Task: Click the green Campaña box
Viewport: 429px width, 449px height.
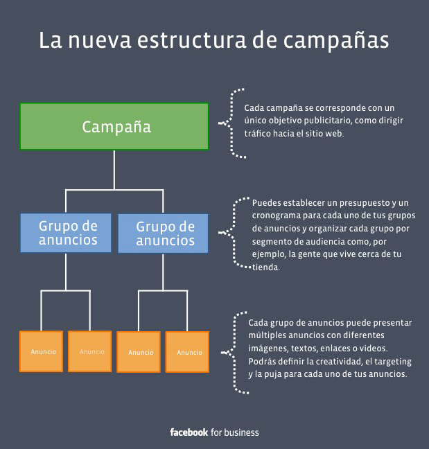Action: (x=114, y=126)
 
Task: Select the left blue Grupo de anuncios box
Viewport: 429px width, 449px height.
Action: (x=66, y=233)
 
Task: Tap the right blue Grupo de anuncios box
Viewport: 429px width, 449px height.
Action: (x=164, y=234)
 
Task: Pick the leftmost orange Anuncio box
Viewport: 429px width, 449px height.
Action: (x=42, y=351)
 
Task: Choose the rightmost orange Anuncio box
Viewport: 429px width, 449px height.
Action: (x=187, y=352)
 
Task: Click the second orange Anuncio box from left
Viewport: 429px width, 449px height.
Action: (x=90, y=351)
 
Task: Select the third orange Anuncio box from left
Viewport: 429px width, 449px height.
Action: (x=139, y=352)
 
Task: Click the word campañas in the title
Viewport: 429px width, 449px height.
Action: (x=336, y=41)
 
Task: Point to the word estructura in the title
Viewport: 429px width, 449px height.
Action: (x=191, y=39)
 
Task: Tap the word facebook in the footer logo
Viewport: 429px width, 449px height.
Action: (x=189, y=432)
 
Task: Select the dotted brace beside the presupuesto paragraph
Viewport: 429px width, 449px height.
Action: (x=234, y=233)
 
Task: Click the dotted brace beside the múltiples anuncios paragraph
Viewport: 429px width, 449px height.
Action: (x=235, y=353)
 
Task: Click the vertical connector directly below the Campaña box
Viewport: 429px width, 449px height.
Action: (x=114, y=170)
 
